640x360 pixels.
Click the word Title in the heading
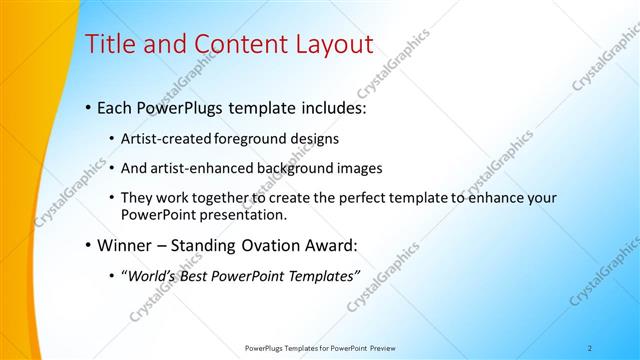[x=110, y=45]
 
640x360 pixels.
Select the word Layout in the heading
[x=325, y=45]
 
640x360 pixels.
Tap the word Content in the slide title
[x=227, y=45]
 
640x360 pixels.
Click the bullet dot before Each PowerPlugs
[x=88, y=105]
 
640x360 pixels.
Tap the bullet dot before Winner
[x=88, y=245]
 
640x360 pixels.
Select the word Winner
[x=123, y=245]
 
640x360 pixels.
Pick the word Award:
[x=330, y=245]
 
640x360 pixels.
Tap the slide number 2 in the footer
[x=590, y=348]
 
